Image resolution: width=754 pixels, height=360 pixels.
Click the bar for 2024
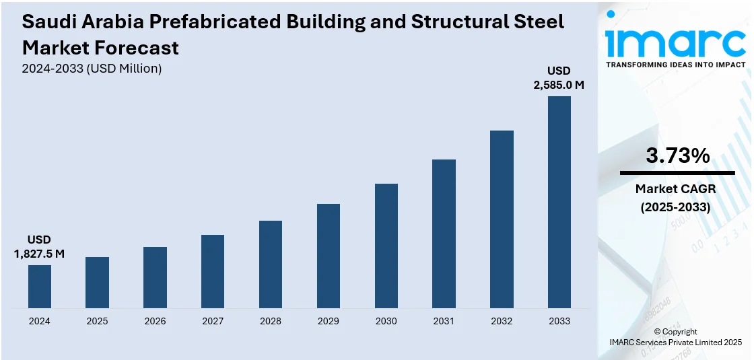(40, 287)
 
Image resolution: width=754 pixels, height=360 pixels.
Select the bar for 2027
(213, 271)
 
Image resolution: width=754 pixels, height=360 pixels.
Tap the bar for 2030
(386, 246)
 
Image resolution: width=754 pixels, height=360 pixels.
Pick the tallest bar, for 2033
(559, 202)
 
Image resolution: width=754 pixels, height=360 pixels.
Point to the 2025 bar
(97, 283)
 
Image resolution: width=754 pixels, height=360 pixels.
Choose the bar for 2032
(502, 219)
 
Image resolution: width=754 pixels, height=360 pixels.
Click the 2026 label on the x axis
(155, 321)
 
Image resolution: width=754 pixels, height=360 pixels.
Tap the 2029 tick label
(329, 321)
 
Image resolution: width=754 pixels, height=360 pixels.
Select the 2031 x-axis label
(444, 321)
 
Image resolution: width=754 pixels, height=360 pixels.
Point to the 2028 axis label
(271, 321)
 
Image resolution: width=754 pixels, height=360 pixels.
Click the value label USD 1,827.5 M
(39, 247)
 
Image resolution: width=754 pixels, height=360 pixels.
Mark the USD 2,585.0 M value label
(559, 78)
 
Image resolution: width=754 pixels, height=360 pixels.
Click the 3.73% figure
(677, 156)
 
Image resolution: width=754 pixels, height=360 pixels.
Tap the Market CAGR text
(675, 189)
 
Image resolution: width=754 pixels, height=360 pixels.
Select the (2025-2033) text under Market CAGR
(675, 207)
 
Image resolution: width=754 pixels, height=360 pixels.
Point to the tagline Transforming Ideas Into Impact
(675, 65)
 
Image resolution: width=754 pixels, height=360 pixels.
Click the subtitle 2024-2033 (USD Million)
(92, 69)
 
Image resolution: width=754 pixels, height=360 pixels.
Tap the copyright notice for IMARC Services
(675, 337)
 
